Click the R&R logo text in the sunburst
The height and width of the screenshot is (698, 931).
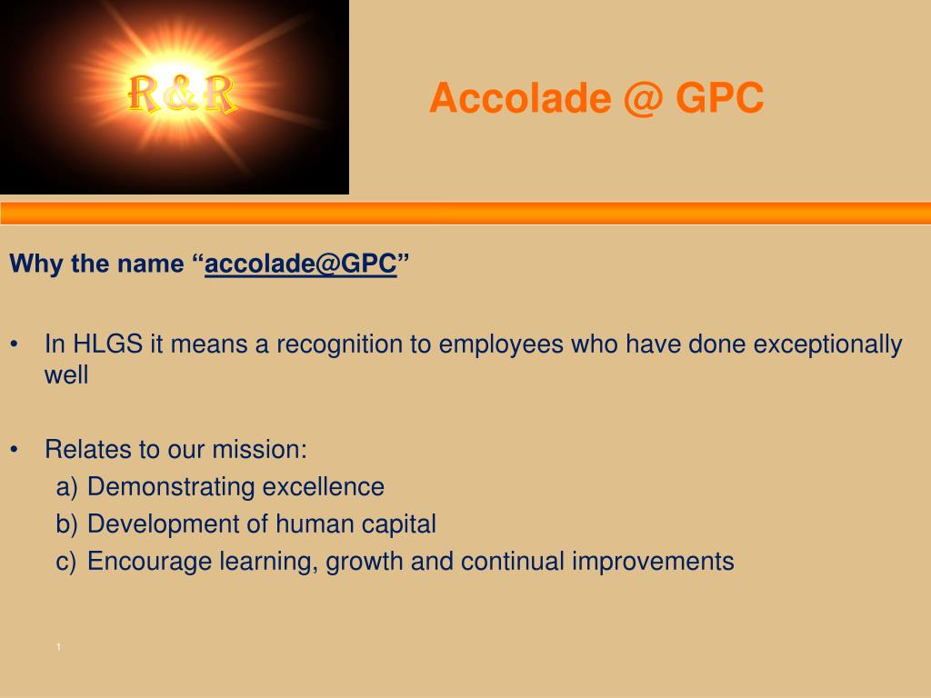[x=182, y=94]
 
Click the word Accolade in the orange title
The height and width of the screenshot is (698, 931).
[x=520, y=98]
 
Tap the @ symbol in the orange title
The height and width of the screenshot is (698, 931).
[x=644, y=98]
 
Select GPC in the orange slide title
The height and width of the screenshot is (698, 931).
[x=720, y=98]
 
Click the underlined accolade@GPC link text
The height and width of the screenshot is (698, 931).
[x=300, y=264]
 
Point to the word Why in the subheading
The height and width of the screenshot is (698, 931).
[x=36, y=264]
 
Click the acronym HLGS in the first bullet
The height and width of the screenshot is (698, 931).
[x=107, y=344]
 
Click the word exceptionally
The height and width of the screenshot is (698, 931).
[x=827, y=344]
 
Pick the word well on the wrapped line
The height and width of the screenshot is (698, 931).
[x=66, y=375]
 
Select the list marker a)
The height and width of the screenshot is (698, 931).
[x=66, y=487]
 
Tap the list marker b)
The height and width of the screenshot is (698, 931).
[x=66, y=524]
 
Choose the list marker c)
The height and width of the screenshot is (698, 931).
[x=65, y=562]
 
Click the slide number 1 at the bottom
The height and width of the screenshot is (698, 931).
[x=58, y=647]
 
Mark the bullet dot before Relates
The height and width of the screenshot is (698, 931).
[x=15, y=450]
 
